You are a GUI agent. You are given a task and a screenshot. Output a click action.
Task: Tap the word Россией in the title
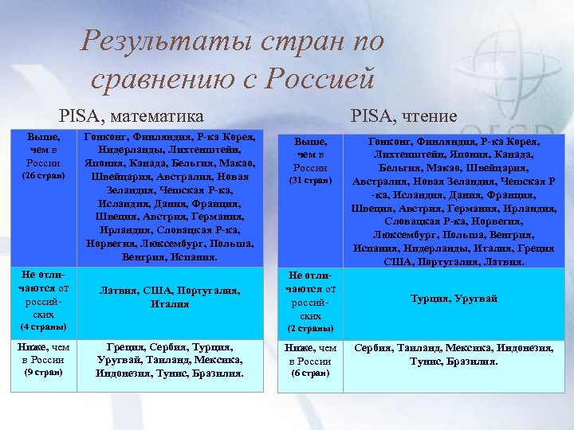[x=317, y=77]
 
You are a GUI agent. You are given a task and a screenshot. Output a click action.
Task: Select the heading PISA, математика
[x=132, y=115]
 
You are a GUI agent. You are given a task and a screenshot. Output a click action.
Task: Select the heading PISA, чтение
[x=403, y=116]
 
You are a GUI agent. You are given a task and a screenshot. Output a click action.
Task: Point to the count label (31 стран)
[x=311, y=181]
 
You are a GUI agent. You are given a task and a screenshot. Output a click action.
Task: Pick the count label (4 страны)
[x=43, y=327]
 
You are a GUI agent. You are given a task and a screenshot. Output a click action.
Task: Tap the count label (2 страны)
[x=311, y=328]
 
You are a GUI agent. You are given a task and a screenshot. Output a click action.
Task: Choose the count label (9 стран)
[x=43, y=372]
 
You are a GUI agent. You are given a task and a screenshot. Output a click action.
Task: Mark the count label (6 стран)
[x=311, y=373]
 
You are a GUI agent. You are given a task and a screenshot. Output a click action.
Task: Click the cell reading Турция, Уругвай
[x=454, y=299]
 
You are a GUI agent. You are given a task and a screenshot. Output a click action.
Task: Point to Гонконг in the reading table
[x=389, y=142]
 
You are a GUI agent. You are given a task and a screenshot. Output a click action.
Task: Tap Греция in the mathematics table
[x=127, y=347]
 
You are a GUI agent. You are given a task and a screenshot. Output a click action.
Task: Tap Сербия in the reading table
[x=373, y=348]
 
